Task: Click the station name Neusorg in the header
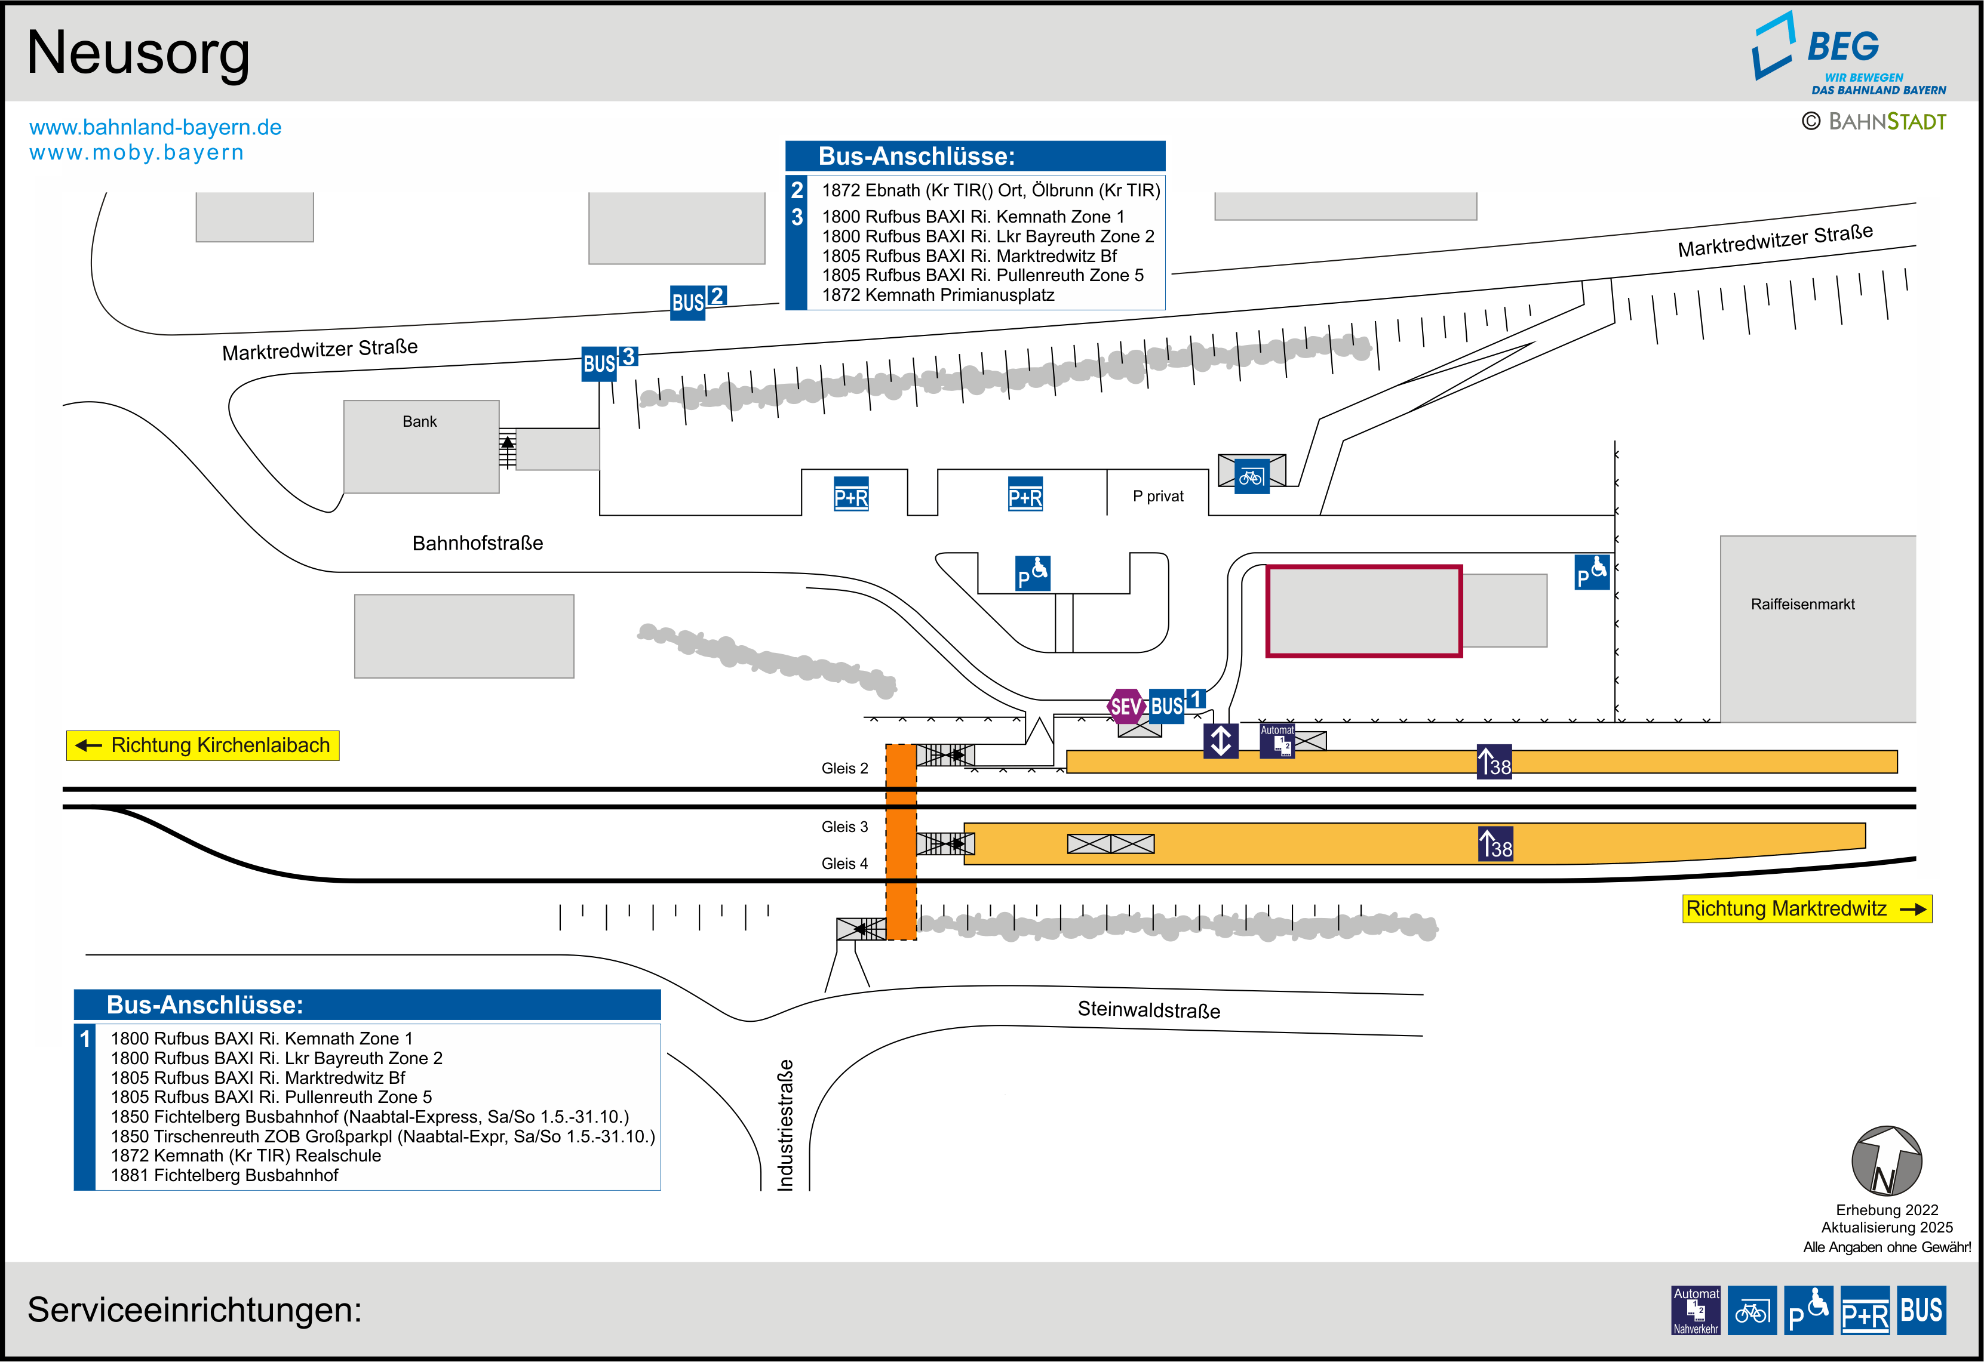[139, 53]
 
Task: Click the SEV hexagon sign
[1125, 705]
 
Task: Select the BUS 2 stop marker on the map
[698, 301]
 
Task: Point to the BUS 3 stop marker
[609, 363]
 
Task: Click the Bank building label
[419, 421]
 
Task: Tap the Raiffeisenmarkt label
[1802, 604]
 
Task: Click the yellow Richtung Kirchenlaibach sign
[203, 745]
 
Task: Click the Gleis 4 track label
[844, 864]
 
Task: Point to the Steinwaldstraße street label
[1148, 1009]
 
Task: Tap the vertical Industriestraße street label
[785, 1125]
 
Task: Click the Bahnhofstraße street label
[477, 543]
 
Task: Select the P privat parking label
[1157, 497]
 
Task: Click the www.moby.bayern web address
[137, 153]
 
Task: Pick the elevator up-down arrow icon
[1221, 740]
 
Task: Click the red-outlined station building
[1363, 611]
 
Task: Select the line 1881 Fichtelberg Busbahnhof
[225, 1175]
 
